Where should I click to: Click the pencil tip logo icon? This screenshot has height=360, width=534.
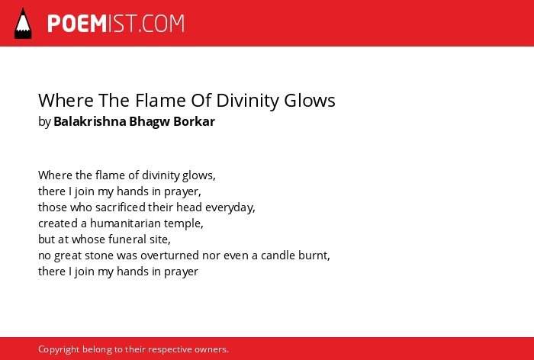[x=23, y=23]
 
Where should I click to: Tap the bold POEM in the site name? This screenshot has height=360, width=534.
[x=77, y=24]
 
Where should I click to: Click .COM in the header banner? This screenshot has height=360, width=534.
[x=162, y=24]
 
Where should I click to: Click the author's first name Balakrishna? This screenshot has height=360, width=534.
[x=90, y=121]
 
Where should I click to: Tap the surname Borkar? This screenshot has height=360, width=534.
[x=194, y=121]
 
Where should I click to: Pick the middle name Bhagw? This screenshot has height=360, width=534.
[x=150, y=122]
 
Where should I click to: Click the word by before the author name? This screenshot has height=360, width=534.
[x=44, y=122]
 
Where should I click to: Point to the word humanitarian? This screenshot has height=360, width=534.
[x=125, y=223]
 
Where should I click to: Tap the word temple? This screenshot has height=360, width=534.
[x=184, y=224]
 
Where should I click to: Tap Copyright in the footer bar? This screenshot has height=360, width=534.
[x=59, y=350]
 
